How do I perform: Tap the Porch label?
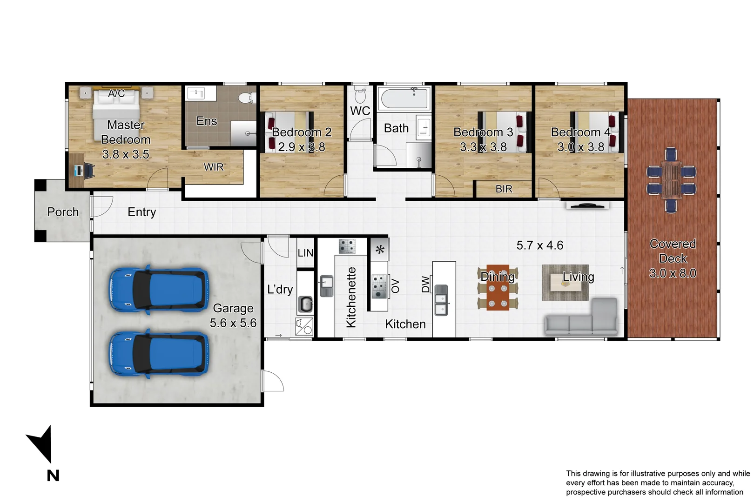(x=63, y=212)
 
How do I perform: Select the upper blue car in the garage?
(x=158, y=290)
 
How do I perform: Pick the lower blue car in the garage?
(x=158, y=354)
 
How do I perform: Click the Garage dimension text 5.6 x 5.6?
(x=233, y=323)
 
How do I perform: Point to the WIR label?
(x=214, y=167)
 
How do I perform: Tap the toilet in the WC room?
(x=360, y=95)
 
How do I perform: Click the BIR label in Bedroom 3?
(x=504, y=189)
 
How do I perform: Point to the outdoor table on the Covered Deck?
(x=671, y=180)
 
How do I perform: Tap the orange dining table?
(x=498, y=288)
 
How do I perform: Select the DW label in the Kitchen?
(x=425, y=284)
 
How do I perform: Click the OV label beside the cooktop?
(x=395, y=286)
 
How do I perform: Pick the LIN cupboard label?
(x=305, y=253)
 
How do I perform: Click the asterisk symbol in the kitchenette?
(x=380, y=250)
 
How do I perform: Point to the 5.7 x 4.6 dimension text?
(x=539, y=245)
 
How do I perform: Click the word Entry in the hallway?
(x=141, y=212)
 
